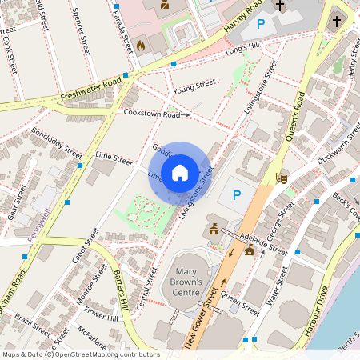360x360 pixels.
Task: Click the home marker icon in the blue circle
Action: pos(180,172)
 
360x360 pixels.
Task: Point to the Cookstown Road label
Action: pos(152,114)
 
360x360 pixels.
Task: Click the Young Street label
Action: pos(194,83)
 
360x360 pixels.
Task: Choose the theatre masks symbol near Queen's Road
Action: pos(282,178)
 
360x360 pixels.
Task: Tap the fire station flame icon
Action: pos(141,45)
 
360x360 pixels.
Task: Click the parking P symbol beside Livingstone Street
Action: pos(236,194)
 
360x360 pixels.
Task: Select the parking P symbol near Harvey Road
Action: pos(260,25)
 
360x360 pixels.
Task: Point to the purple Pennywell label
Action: pos(38,225)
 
